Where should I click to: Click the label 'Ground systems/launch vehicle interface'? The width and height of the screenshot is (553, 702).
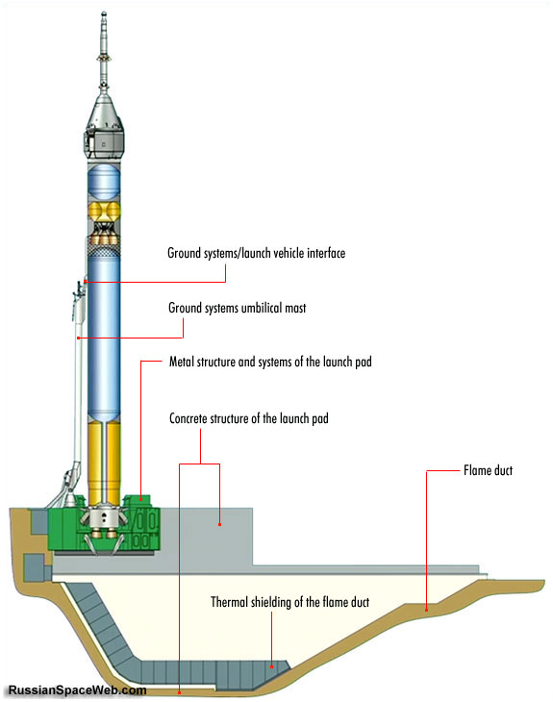[x=256, y=254]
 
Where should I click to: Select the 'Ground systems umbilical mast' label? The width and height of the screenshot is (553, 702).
[x=238, y=308]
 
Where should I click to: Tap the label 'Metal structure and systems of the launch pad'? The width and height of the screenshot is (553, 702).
[x=270, y=362]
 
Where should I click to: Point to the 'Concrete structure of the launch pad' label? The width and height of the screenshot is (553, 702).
[x=248, y=418]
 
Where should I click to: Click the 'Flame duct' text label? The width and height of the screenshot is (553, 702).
[x=488, y=470]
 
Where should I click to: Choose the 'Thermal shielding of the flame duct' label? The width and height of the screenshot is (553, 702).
[x=290, y=602]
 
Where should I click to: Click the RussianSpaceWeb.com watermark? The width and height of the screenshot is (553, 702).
[x=77, y=689]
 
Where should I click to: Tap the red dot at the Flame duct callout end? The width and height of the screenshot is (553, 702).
[x=426, y=610]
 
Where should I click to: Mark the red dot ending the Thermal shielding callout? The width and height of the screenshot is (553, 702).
[x=271, y=666]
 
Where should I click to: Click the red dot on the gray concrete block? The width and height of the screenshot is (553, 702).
[x=219, y=524]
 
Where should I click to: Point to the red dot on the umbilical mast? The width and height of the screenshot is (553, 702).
[x=78, y=338]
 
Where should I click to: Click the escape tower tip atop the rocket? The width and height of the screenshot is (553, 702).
[x=104, y=13]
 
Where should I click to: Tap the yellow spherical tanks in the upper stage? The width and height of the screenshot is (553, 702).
[x=104, y=212]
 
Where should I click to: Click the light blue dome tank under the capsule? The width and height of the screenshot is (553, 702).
[x=104, y=182]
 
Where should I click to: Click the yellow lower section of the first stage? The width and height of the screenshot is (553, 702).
[x=104, y=464]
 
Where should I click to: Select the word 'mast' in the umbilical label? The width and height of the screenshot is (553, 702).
[x=295, y=308]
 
